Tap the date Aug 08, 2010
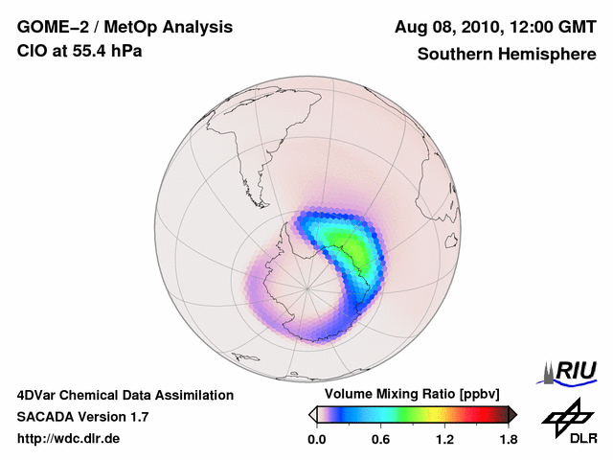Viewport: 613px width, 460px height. (x=441, y=27)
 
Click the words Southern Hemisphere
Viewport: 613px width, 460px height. (x=506, y=54)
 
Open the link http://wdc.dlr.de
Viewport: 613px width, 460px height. (x=69, y=439)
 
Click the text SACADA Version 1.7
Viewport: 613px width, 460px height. (x=83, y=417)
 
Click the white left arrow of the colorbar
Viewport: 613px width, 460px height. (x=312, y=414)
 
